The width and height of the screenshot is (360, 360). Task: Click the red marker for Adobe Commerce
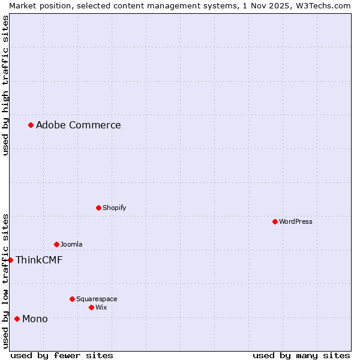(x=31, y=125)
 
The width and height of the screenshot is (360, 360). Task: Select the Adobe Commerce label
(x=78, y=125)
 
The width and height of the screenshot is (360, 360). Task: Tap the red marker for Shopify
(x=98, y=208)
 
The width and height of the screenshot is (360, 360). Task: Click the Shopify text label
(x=114, y=208)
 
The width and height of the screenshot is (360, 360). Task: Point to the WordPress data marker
(x=275, y=222)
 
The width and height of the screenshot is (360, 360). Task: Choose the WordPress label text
(x=295, y=222)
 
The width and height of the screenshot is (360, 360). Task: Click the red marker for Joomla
(x=56, y=245)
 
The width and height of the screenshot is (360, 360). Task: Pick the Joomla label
(x=71, y=245)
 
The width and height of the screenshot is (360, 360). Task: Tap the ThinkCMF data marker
(x=11, y=260)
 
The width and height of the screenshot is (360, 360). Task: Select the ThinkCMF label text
(x=39, y=260)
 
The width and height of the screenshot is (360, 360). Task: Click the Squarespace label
(x=97, y=299)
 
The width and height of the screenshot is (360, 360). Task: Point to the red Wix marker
(x=91, y=308)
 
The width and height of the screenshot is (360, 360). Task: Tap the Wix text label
(x=101, y=308)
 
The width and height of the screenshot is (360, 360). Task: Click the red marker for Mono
(x=17, y=319)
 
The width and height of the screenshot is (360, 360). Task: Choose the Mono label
(x=35, y=319)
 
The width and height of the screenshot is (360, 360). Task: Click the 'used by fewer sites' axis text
(x=62, y=356)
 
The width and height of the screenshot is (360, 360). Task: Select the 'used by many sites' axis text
(x=301, y=356)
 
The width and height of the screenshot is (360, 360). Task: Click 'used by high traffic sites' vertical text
(x=5, y=86)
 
